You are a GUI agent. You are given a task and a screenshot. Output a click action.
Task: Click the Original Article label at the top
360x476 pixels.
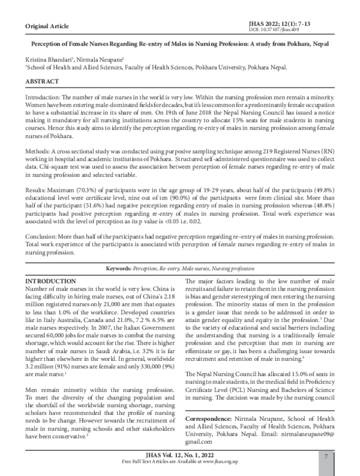[x=47, y=27]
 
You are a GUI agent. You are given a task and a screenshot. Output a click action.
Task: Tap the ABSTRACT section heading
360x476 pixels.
[x=41, y=81]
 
